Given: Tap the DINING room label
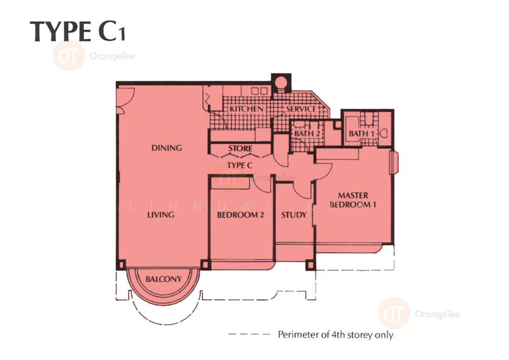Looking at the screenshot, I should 167,148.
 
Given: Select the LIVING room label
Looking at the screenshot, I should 161,215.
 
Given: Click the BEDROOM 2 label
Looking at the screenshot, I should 241,215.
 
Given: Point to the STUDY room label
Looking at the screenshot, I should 294,215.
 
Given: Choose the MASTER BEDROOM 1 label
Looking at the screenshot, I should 353,200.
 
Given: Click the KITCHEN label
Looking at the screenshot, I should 246,109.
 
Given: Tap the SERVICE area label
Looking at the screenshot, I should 301,109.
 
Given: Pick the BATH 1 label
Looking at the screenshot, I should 361,134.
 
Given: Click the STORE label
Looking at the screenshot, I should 241,149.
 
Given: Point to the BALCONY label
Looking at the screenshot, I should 163,279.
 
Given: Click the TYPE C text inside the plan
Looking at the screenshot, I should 241,165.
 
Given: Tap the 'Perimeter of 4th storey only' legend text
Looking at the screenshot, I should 335,335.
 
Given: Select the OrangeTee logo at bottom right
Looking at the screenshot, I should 419,312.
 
